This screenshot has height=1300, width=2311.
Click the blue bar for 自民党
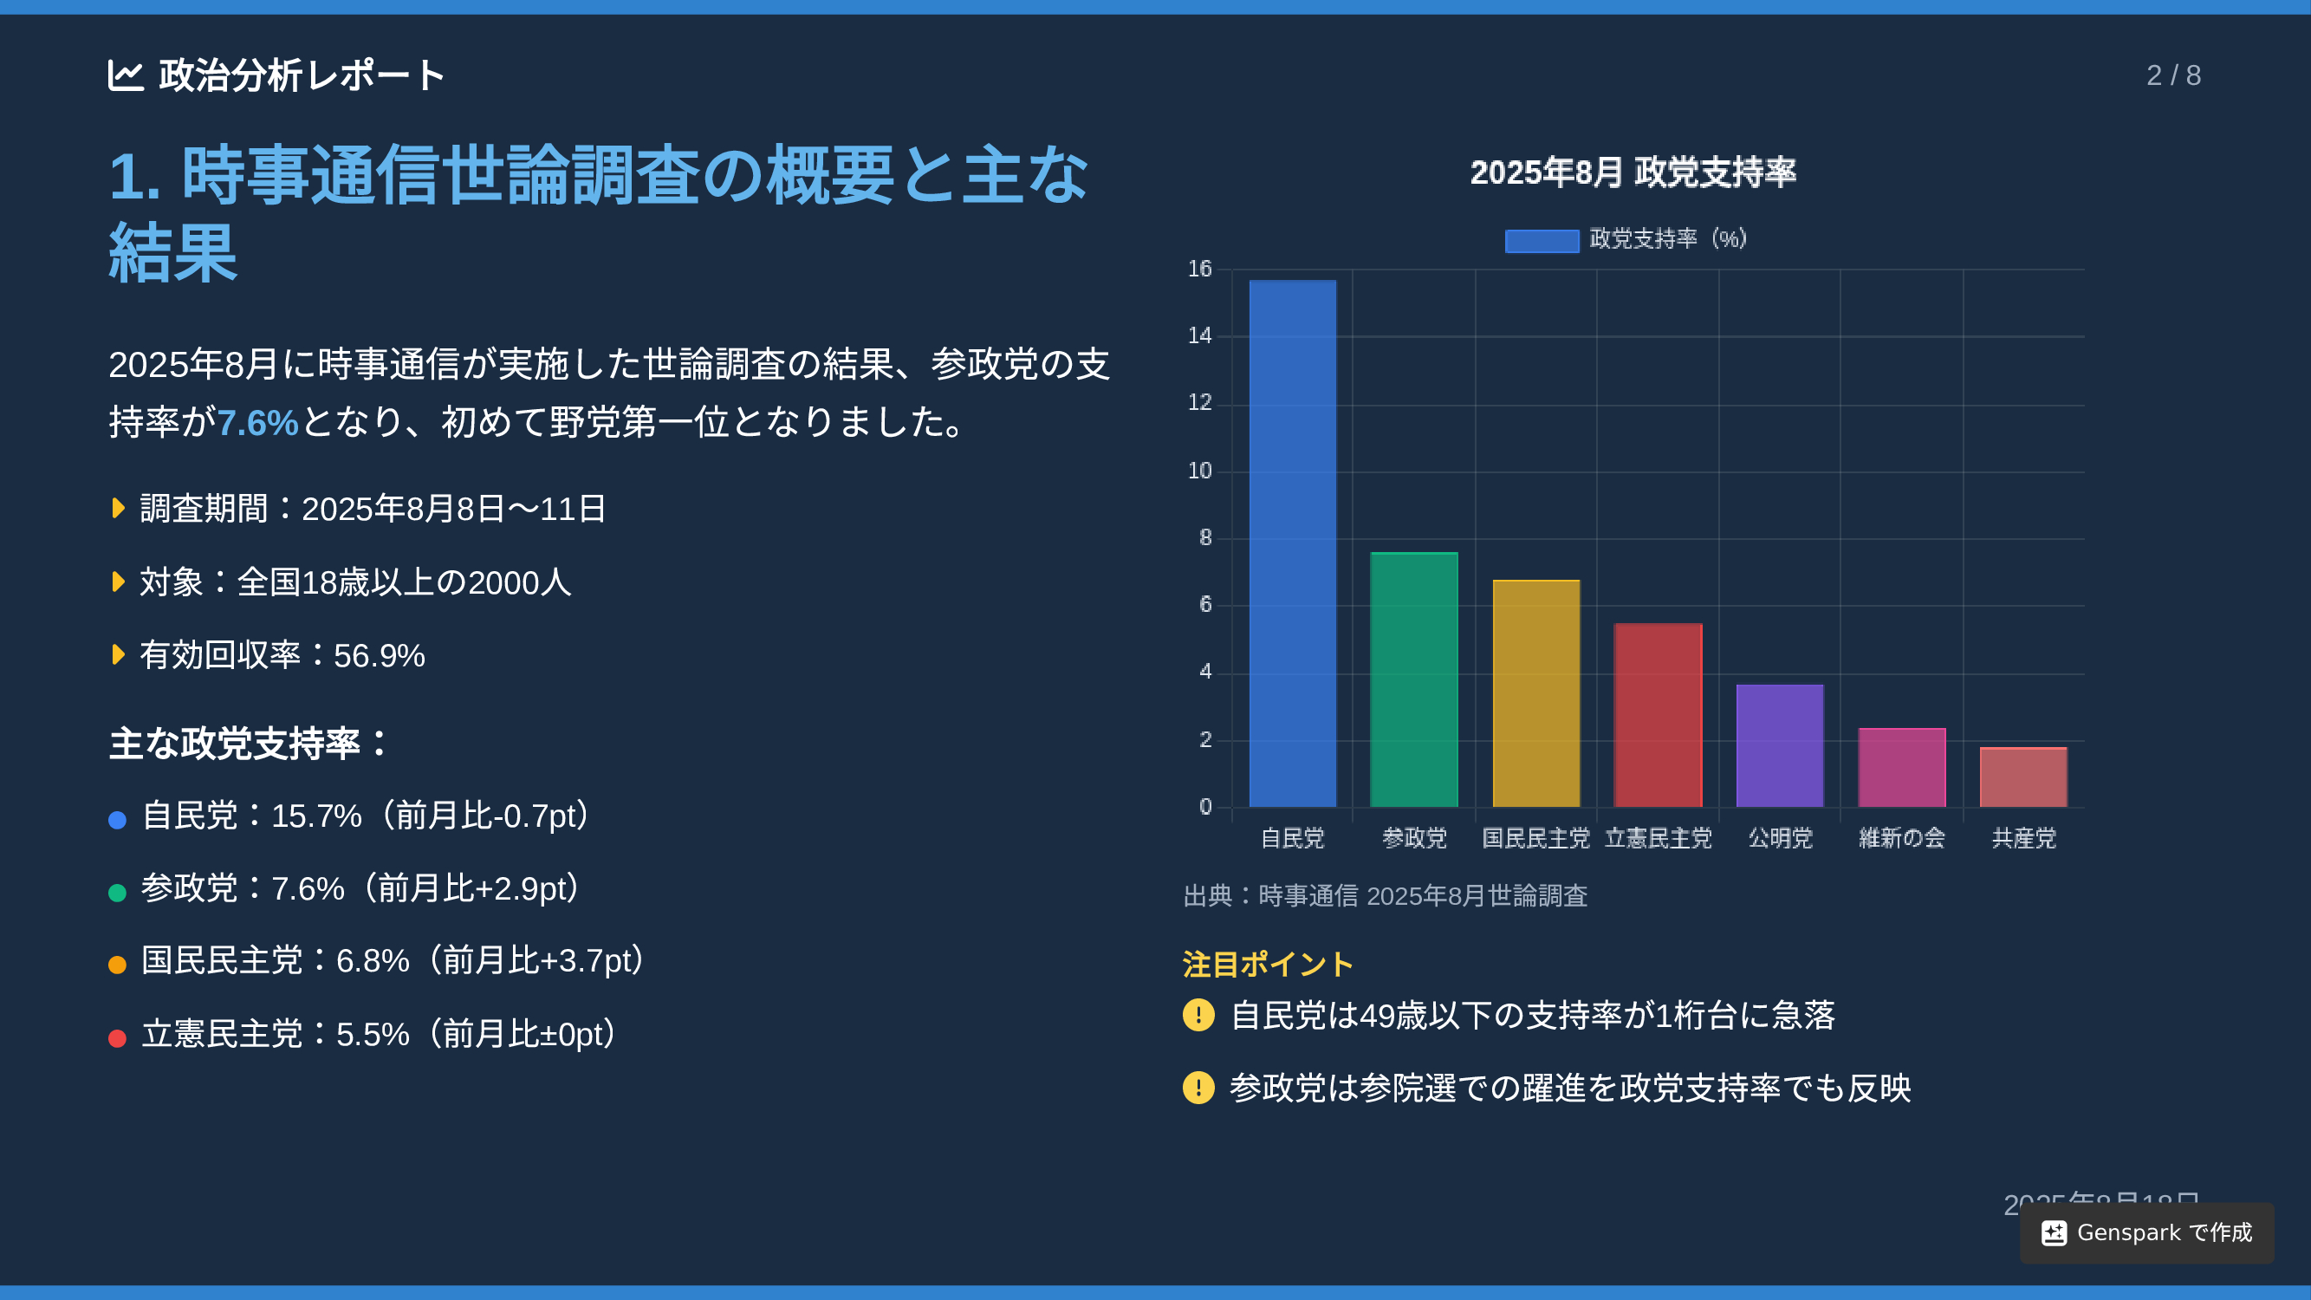pyautogui.click(x=1293, y=543)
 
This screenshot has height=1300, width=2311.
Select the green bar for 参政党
pyautogui.click(x=1415, y=679)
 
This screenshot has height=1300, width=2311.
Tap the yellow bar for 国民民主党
pyautogui.click(x=1535, y=693)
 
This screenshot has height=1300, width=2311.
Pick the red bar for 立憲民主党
pyautogui.click(x=1658, y=715)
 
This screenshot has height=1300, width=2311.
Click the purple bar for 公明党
pyautogui.click(x=1780, y=745)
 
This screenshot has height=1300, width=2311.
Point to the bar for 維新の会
pyautogui.click(x=1902, y=767)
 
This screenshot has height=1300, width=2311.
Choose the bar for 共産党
pyautogui.click(x=2024, y=777)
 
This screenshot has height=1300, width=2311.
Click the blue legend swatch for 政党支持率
pyautogui.click(x=1542, y=240)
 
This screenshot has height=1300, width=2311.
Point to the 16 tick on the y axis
pyautogui.click(x=1199, y=270)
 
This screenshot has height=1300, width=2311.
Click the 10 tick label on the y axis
pyautogui.click(x=1199, y=471)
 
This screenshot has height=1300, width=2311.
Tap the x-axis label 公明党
pyautogui.click(x=1780, y=838)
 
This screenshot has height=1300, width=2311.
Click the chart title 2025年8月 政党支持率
pyautogui.click(x=1633, y=172)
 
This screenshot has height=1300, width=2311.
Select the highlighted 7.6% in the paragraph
pyautogui.click(x=257, y=423)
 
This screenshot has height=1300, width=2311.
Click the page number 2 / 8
pyautogui.click(x=2174, y=75)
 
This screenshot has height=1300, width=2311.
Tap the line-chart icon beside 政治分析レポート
pyautogui.click(x=126, y=75)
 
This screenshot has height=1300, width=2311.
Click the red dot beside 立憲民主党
pyautogui.click(x=118, y=1038)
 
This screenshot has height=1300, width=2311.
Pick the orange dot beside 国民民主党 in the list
pyautogui.click(x=118, y=965)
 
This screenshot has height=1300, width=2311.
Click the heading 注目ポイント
pyautogui.click(x=1268, y=965)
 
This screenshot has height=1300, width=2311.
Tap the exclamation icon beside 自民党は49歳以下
pyautogui.click(x=1198, y=1016)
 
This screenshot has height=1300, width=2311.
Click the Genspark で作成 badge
pyautogui.click(x=2147, y=1232)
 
